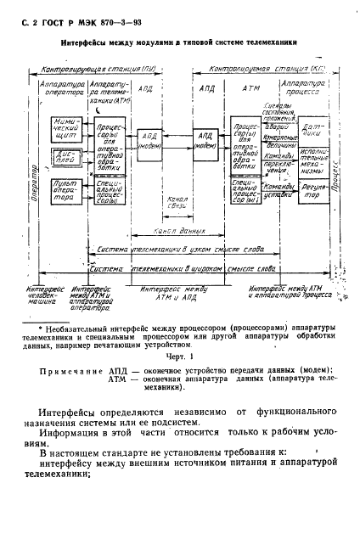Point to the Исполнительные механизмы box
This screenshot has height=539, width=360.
click(311, 166)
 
